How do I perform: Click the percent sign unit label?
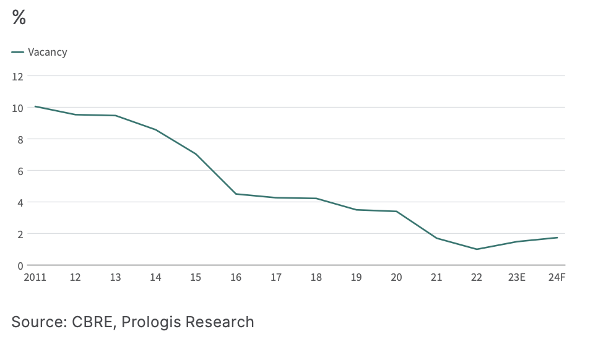[x=19, y=18]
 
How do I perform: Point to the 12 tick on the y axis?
[x=17, y=77]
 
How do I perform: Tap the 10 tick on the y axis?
[x=17, y=108]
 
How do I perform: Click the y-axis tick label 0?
[x=20, y=266]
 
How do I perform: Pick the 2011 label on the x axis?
[x=35, y=278]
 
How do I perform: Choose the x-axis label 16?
[x=236, y=278]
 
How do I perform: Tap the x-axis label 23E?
[x=517, y=278]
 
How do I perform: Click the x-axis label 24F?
[x=557, y=278]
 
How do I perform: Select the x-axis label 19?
[x=357, y=278]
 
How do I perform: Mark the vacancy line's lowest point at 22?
[x=477, y=249]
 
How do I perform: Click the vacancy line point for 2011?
[x=35, y=106]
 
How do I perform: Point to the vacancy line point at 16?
[x=236, y=194]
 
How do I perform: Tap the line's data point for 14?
[x=155, y=130]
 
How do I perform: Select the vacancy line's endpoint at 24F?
[x=557, y=238]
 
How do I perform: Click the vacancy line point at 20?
[x=396, y=212]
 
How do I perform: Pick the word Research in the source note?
[x=220, y=322]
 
